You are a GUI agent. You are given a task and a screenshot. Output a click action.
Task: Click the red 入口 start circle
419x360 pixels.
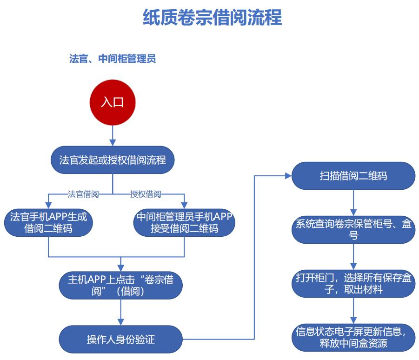click(113, 102)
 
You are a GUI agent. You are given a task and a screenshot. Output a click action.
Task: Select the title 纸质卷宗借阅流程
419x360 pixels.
click(213, 17)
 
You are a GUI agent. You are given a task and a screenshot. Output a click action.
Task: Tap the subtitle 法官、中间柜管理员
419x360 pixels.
click(113, 59)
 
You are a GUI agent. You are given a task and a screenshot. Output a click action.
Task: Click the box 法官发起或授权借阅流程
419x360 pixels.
click(113, 160)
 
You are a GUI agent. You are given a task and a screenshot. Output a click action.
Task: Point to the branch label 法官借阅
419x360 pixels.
click(83, 194)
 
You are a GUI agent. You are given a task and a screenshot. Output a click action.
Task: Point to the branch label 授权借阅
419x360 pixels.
click(146, 194)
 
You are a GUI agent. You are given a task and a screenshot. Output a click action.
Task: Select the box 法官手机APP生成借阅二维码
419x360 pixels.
click(48, 223)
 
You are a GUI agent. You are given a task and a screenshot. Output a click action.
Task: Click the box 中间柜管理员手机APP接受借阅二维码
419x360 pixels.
click(184, 223)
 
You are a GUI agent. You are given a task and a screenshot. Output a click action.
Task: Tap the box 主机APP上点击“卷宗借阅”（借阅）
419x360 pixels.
click(121, 285)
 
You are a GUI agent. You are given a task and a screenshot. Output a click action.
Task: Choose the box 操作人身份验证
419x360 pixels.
click(121, 339)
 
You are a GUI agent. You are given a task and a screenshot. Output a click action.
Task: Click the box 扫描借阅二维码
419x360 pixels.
click(353, 176)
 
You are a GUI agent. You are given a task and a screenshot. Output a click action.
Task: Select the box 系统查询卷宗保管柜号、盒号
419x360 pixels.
click(353, 230)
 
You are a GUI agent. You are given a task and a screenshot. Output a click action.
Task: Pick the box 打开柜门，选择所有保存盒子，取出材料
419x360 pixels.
click(353, 284)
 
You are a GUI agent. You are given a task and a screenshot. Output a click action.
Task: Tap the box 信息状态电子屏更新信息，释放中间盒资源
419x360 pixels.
click(353, 338)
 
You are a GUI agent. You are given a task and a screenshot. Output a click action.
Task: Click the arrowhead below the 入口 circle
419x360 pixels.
click(113, 142)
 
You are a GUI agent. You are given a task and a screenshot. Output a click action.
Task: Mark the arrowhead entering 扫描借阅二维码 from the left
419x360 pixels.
click(288, 176)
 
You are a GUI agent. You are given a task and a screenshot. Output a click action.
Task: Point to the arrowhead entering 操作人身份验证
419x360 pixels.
click(121, 322)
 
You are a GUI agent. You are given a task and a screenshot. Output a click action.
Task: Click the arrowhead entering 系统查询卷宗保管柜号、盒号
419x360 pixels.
click(353, 212)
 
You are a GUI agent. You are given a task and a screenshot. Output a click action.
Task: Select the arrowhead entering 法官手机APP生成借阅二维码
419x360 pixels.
click(48, 205)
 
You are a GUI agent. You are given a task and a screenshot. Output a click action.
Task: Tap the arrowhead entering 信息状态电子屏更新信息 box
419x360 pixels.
click(353, 320)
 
